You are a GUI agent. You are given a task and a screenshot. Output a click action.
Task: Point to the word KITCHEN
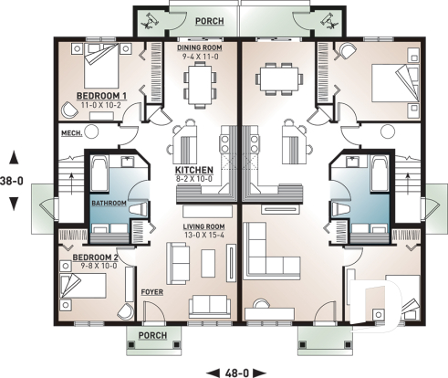tap(193, 171)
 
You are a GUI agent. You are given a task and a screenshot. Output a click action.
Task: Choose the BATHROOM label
tap(109, 204)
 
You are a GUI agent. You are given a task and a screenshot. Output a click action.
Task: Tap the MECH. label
tap(71, 133)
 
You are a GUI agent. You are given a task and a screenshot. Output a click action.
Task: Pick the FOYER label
tap(151, 293)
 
